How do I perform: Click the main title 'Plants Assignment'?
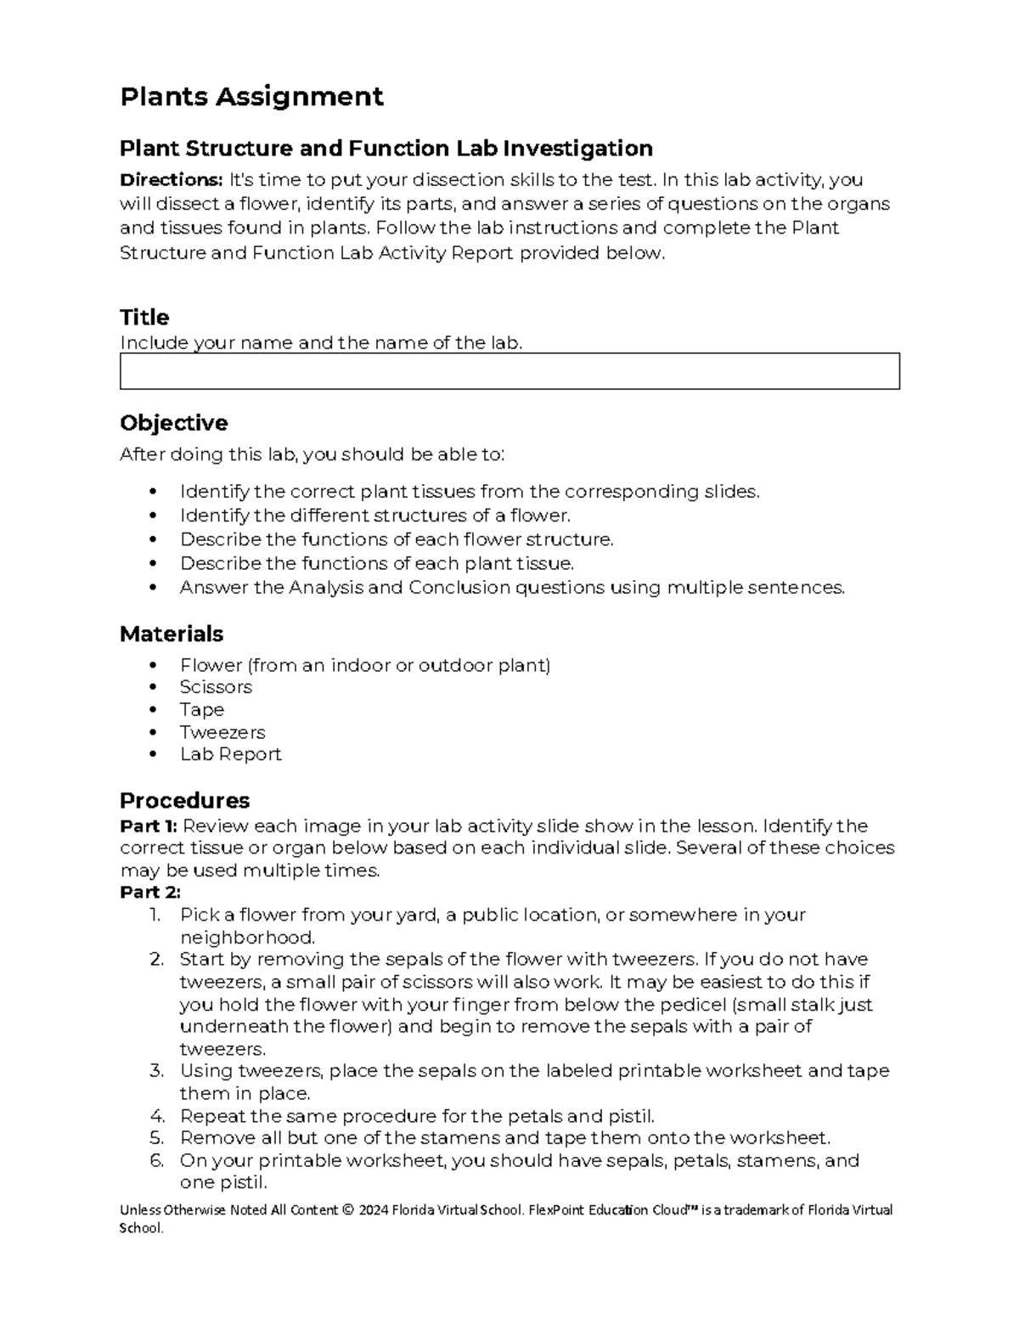pos(251,97)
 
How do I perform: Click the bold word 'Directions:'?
pos(171,180)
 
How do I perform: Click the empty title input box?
pos(509,372)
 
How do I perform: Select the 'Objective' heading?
pos(173,423)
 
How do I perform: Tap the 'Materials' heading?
pos(171,634)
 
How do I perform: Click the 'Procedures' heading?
pos(184,800)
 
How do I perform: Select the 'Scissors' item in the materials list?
pos(216,687)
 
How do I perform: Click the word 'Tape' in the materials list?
pos(201,710)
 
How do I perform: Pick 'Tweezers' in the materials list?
pos(222,732)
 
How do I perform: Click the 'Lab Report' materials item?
pos(230,754)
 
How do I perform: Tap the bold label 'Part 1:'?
pos(149,826)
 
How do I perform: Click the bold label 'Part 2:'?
pos(150,893)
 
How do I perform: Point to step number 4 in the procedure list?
pos(156,1116)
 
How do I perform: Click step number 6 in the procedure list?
pos(156,1161)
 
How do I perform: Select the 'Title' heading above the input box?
pos(144,318)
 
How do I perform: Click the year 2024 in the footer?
pos(374,1210)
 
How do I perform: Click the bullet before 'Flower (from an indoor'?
pos(153,666)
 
